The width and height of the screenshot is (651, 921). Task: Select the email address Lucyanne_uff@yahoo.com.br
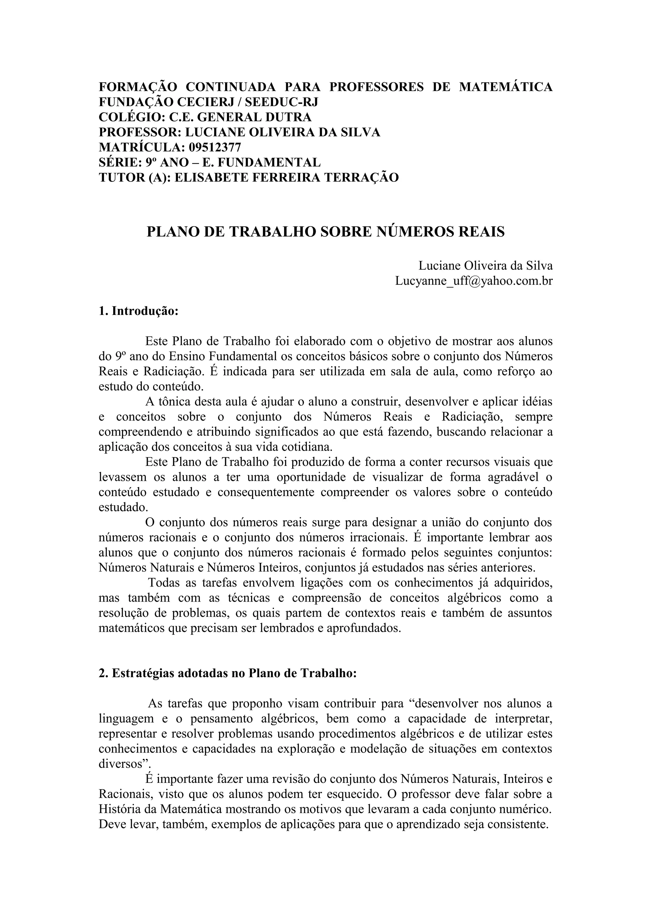(474, 281)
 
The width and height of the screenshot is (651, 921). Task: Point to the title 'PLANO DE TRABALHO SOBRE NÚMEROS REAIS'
(325, 232)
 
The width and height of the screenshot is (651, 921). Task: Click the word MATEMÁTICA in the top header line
(505, 87)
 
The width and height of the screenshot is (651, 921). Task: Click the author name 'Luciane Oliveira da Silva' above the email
(485, 266)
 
